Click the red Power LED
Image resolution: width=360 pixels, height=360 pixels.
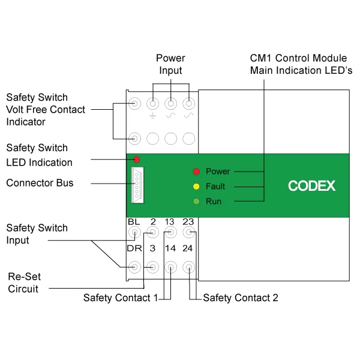click(x=196, y=172)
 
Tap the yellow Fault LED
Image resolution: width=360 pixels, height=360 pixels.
click(x=196, y=187)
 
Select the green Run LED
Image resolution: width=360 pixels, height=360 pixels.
click(x=196, y=202)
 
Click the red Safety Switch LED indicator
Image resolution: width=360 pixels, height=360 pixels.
click(x=137, y=160)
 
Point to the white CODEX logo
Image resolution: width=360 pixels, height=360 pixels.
click(x=312, y=186)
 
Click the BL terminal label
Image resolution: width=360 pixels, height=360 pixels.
click(x=134, y=222)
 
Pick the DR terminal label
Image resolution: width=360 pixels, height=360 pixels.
click(x=134, y=248)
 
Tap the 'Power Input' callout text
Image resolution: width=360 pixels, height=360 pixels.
click(x=170, y=64)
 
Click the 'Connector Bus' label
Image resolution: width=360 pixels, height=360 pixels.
click(x=40, y=182)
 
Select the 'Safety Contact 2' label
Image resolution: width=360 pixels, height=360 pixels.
click(x=241, y=298)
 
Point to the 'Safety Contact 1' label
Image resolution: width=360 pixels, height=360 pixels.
click(x=120, y=298)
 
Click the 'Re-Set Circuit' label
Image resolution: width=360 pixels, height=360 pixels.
click(x=23, y=283)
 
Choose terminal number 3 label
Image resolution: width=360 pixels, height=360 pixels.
click(x=153, y=248)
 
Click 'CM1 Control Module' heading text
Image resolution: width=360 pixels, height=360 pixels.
click(x=298, y=59)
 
